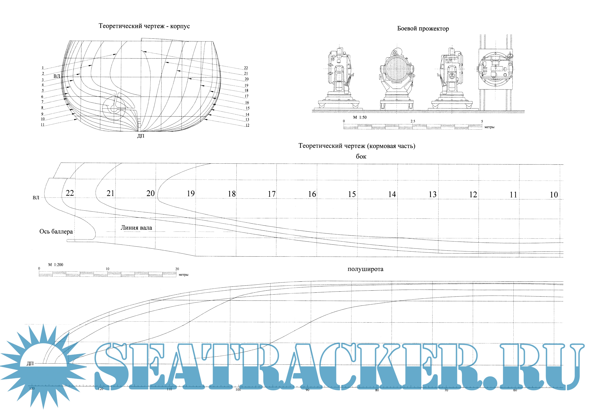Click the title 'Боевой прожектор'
[423, 29]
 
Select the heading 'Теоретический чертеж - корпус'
[144, 26]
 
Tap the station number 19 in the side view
[191, 193]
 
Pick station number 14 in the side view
[392, 194]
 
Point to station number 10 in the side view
[554, 195]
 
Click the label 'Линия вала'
[136, 228]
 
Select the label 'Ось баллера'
[56, 232]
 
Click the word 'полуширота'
[365, 269]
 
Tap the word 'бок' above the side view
[361, 156]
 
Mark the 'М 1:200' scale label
[56, 265]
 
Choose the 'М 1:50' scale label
[360, 117]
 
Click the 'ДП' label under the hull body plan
[141, 136]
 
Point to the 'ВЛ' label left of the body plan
[57, 76]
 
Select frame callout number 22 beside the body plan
[246, 68]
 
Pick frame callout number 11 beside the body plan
[43, 125]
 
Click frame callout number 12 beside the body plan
[247, 125]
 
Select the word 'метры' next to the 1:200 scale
[183, 275]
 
